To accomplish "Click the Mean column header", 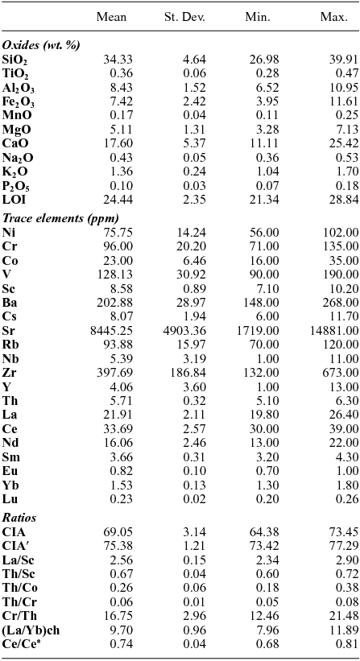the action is coord(111,17).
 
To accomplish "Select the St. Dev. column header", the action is coord(185,17).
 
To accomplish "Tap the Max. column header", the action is coord(333,17).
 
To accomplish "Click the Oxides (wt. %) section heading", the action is coord(40,45).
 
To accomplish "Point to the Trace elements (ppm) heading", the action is coord(60,218).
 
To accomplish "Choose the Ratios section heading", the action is coord(20,518).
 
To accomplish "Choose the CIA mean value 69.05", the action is coord(116,532).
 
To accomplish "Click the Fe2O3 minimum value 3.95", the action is coord(267,102).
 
